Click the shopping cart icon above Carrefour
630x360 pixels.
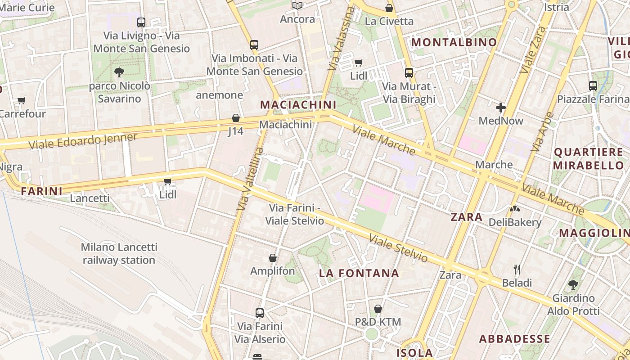pos(21,100)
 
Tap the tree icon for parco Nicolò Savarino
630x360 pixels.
pos(119,72)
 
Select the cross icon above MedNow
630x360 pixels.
pos(501,108)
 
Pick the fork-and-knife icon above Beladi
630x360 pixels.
pos(517,270)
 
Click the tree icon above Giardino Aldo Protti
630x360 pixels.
pos(573,284)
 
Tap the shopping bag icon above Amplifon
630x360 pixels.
pos(272,258)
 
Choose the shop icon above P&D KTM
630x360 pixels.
pos(378,309)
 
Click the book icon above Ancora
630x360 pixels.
pos(297,6)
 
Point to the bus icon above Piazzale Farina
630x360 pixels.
pos(593,85)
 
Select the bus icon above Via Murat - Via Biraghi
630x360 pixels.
pos(409,72)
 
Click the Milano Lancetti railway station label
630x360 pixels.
pos(119,253)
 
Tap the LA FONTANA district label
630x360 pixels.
pos(359,273)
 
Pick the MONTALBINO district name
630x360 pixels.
pos(454,42)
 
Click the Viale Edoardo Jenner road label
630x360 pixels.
pos(83,141)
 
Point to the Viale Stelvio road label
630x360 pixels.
pos(398,248)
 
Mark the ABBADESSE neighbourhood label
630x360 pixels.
pos(514,339)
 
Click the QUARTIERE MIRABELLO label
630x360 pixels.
pos(589,158)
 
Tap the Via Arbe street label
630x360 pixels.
pos(542,131)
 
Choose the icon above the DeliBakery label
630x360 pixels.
pos(514,209)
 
